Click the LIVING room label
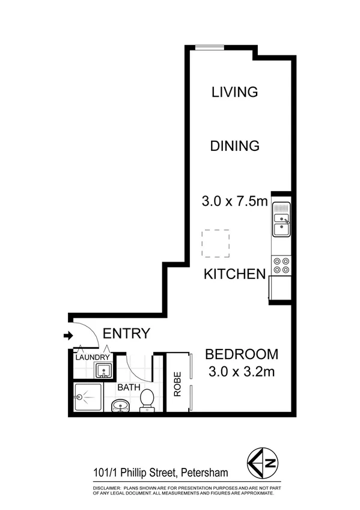pyautogui.click(x=234, y=92)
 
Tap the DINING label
pyautogui.click(x=234, y=146)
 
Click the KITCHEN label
pyautogui.click(x=234, y=274)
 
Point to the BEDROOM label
pyautogui.click(x=242, y=354)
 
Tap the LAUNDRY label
pyautogui.click(x=92, y=358)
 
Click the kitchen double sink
pyautogui.click(x=281, y=220)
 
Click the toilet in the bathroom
pyautogui.click(x=147, y=400)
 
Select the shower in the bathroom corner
pyautogui.click(x=87, y=398)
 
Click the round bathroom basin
pyautogui.click(x=120, y=406)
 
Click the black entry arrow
pyautogui.click(x=67, y=336)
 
